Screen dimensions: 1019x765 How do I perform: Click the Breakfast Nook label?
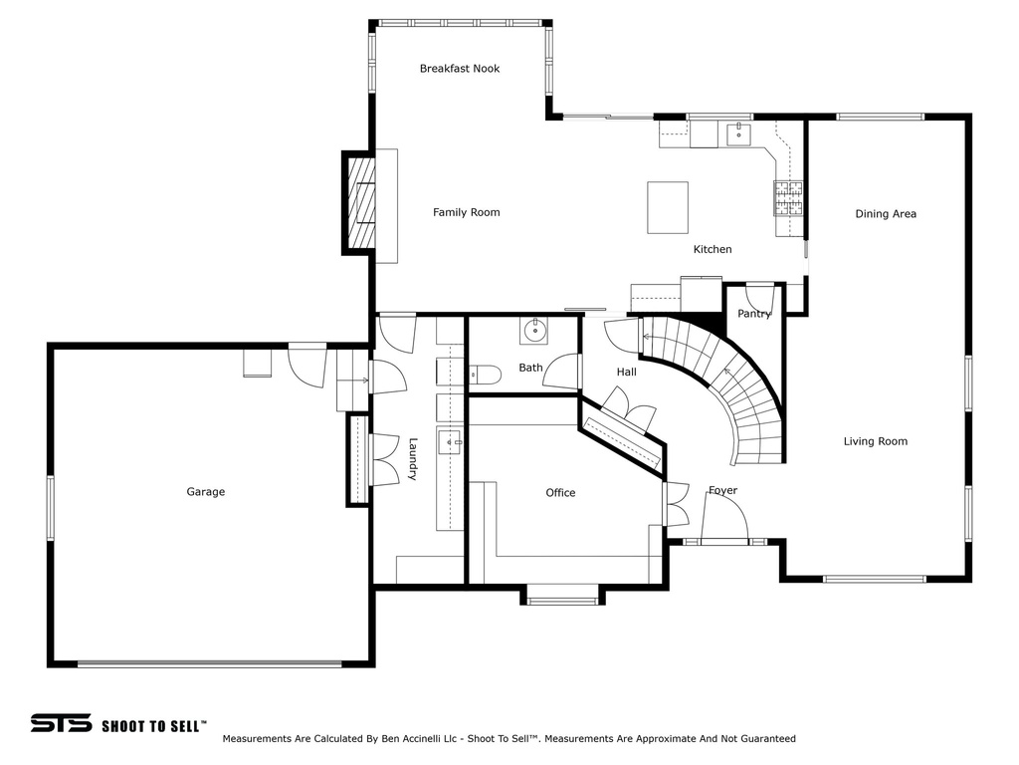pyautogui.click(x=460, y=69)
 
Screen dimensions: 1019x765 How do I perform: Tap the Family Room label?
pyautogui.click(x=466, y=212)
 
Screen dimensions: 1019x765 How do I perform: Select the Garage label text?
pyautogui.click(x=205, y=492)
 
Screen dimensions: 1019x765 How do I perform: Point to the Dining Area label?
pyautogui.click(x=886, y=214)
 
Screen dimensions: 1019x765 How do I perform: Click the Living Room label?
pyautogui.click(x=876, y=441)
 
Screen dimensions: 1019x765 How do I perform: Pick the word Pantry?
pyautogui.click(x=754, y=314)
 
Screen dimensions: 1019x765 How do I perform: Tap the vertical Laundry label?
pyautogui.click(x=412, y=458)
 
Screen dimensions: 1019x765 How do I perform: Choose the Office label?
pyautogui.click(x=560, y=493)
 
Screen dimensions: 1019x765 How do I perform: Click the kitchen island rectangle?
pyautogui.click(x=668, y=207)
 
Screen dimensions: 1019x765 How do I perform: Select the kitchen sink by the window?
pyautogui.click(x=738, y=134)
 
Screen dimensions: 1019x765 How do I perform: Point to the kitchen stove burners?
pyautogui.click(x=788, y=198)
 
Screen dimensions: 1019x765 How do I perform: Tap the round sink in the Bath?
pyautogui.click(x=533, y=331)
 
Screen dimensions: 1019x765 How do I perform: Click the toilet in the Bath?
pyautogui.click(x=485, y=375)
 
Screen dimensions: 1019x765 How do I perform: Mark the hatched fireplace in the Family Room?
pyautogui.click(x=361, y=202)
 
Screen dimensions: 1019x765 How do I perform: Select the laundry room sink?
pyautogui.click(x=449, y=441)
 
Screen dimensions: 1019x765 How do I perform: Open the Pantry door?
pyautogui.click(x=759, y=298)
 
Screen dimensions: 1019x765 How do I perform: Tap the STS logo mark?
pyautogui.click(x=61, y=723)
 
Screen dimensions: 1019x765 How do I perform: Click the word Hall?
pyautogui.click(x=627, y=373)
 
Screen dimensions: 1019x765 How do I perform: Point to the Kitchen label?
pyautogui.click(x=713, y=249)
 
